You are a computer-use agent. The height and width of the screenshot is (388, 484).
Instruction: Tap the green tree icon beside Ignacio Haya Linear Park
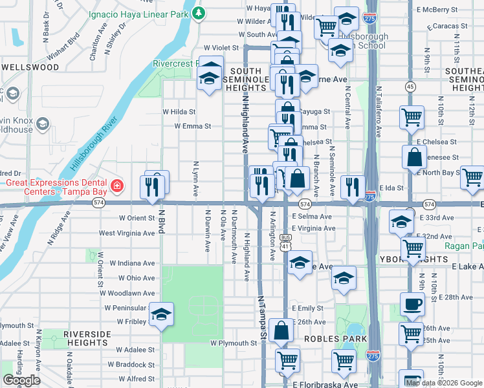tap(200, 12)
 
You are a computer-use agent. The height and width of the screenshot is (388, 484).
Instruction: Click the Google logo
tap(21, 380)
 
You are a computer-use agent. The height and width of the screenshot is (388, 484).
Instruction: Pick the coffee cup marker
tap(412, 304)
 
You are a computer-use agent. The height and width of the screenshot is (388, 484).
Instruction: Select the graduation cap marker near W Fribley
tap(161, 315)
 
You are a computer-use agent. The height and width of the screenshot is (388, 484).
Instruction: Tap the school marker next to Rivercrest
tap(209, 78)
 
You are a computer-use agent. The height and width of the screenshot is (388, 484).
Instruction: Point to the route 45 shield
tap(410, 87)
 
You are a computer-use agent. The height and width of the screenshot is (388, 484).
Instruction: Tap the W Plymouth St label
tap(234, 343)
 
